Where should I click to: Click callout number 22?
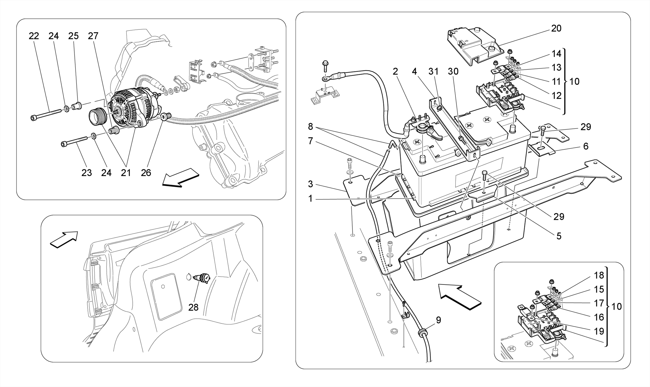(34, 36)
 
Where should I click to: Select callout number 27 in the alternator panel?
(93, 36)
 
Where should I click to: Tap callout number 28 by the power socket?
(193, 307)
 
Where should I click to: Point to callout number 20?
(556, 29)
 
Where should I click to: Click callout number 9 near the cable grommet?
(438, 320)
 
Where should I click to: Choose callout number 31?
(433, 72)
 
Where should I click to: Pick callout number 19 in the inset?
(599, 331)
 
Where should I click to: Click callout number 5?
(559, 236)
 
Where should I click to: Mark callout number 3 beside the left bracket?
(310, 184)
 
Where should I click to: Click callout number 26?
(146, 173)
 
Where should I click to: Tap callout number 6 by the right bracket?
(586, 146)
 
